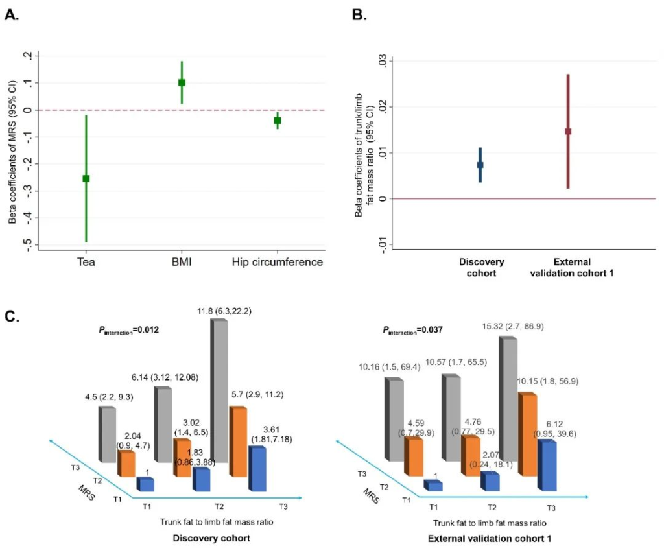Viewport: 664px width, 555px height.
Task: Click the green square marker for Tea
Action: (86, 178)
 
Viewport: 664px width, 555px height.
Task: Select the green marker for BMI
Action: (182, 82)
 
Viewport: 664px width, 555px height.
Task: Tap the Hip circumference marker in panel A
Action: (278, 120)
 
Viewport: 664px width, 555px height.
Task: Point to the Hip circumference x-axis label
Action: (278, 262)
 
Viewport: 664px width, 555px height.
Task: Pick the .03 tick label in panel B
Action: (383, 60)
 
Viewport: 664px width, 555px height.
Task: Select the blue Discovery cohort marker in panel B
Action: (480, 165)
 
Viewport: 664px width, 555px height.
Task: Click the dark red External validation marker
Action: (567, 131)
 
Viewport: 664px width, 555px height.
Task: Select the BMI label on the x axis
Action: (182, 262)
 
